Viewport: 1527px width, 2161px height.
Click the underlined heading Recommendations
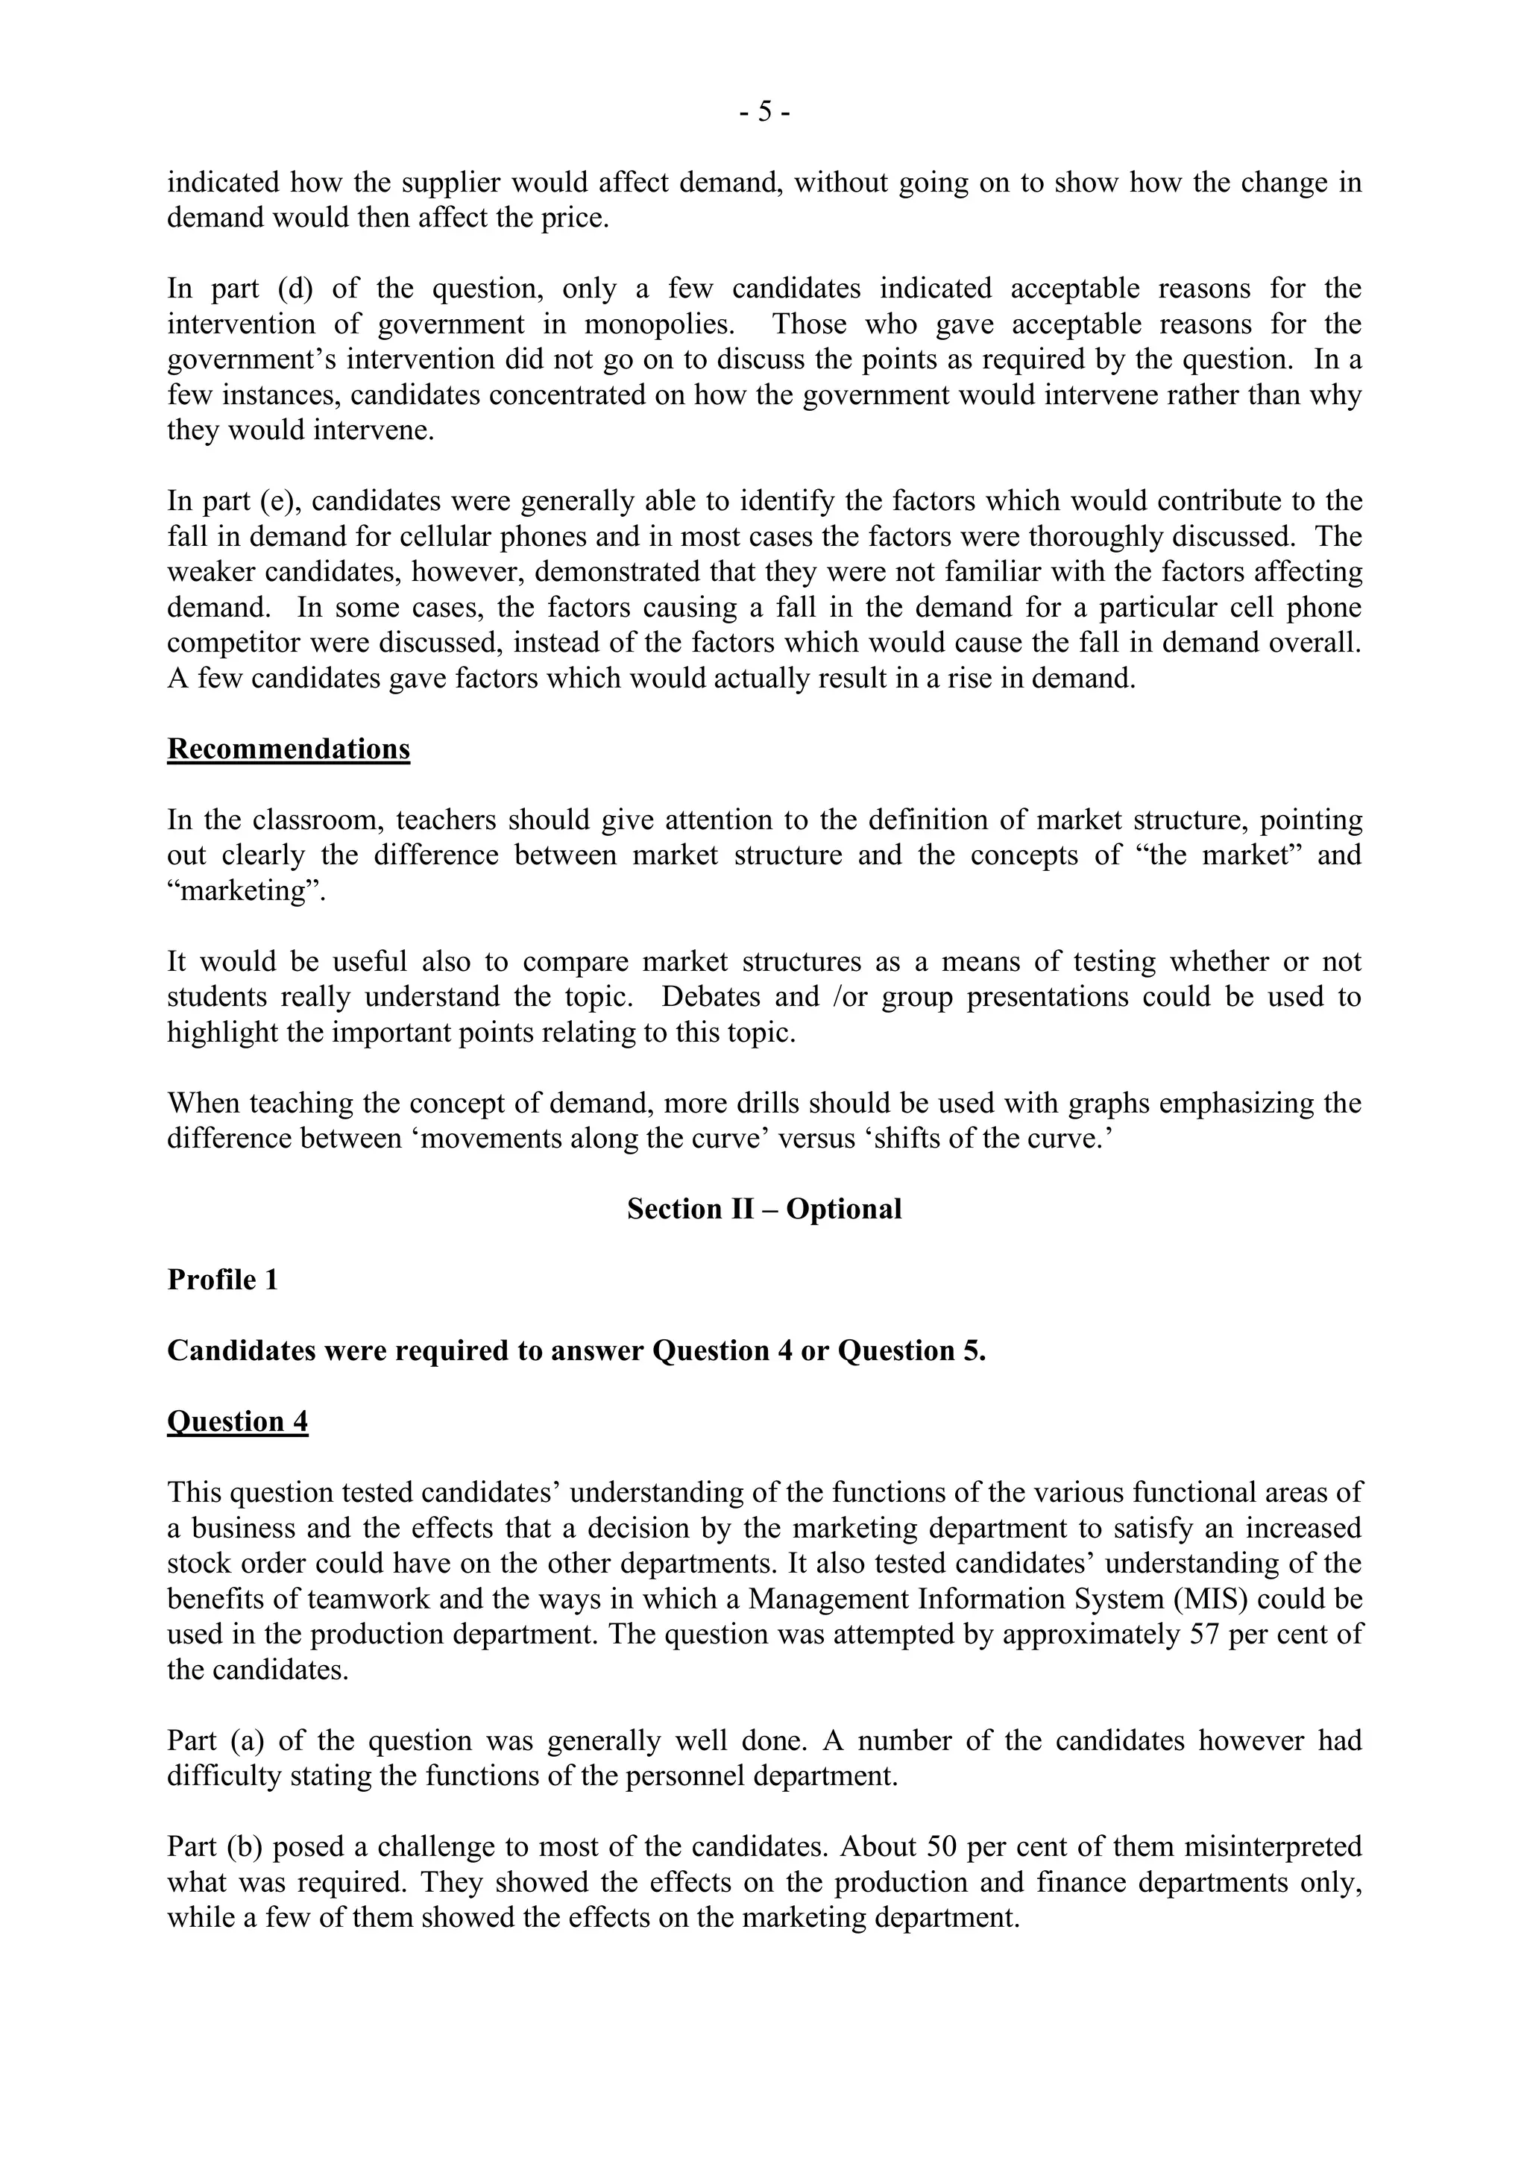coord(288,749)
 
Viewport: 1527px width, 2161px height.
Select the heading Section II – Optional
coord(764,1210)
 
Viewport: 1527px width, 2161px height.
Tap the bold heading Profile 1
coord(223,1280)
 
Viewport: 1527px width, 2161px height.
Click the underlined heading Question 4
coord(237,1421)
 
